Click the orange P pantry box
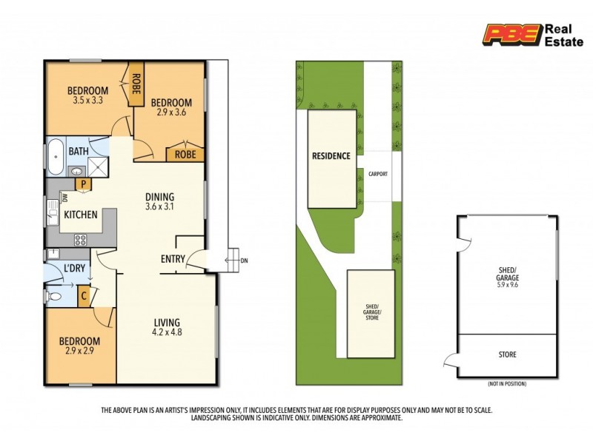coord(84,184)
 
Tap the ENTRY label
coord(173,259)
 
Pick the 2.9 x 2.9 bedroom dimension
coord(79,351)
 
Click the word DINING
coord(159,197)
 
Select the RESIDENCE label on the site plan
coord(331,156)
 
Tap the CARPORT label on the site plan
coord(378,175)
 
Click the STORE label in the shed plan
coord(507,355)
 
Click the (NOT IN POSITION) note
coord(507,385)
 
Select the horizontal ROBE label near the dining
coord(185,155)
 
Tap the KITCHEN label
coord(81,215)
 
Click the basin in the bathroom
coord(78,172)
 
